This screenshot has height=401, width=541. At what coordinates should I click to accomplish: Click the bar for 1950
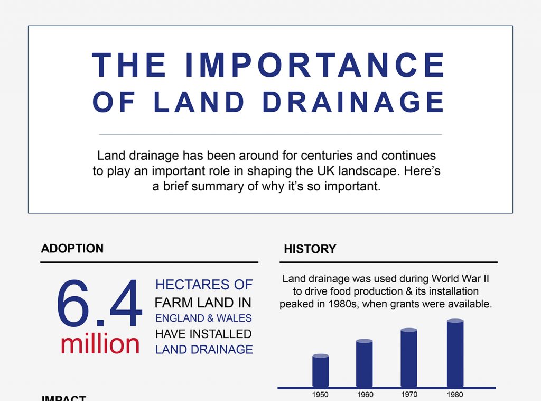pyautogui.click(x=321, y=371)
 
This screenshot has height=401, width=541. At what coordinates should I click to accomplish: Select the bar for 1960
pyautogui.click(x=365, y=363)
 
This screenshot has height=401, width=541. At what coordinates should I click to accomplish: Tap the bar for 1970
pyautogui.click(x=409, y=358)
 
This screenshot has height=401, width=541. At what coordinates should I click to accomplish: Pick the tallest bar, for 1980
pyautogui.click(x=455, y=353)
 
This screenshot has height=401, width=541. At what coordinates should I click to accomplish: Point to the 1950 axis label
pyautogui.click(x=320, y=395)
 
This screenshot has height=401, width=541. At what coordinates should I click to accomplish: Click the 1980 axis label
pyautogui.click(x=455, y=395)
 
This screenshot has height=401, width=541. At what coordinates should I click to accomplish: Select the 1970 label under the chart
pyautogui.click(x=409, y=395)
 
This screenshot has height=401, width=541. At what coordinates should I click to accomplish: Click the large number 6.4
pyautogui.click(x=99, y=306)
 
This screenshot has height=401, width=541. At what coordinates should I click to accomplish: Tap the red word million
pyautogui.click(x=100, y=344)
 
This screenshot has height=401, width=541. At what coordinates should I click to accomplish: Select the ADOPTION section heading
pyautogui.click(x=72, y=249)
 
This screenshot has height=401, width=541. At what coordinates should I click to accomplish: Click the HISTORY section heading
pyautogui.click(x=310, y=249)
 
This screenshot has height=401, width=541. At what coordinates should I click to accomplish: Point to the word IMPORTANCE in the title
pyautogui.click(x=314, y=66)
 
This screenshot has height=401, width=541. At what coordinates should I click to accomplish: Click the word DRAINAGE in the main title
pyautogui.click(x=353, y=102)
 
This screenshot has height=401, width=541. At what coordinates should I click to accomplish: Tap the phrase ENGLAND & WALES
pyautogui.click(x=203, y=318)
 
